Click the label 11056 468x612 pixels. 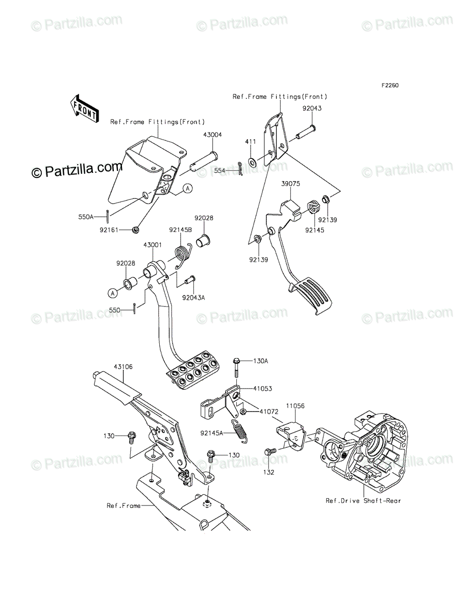295,406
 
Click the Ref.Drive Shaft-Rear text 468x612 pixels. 363,500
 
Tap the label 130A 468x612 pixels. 260,361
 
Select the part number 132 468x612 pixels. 269,472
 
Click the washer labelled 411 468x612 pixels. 253,163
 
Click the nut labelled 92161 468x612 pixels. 135,230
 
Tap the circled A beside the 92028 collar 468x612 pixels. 112,293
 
